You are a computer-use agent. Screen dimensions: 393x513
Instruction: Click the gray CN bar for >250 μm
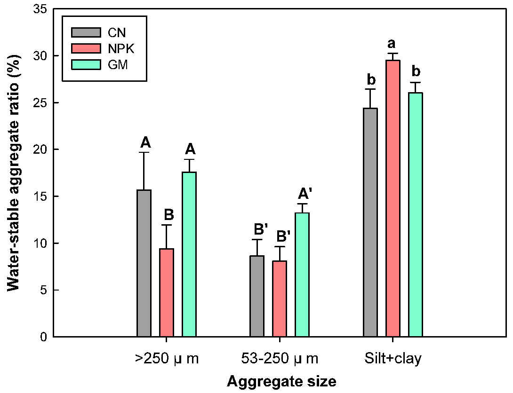[144, 263]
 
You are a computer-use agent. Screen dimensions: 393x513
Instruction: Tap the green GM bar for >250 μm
[189, 254]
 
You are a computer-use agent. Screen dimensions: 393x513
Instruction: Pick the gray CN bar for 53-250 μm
[257, 296]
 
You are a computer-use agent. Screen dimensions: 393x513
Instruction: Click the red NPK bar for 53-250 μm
[280, 299]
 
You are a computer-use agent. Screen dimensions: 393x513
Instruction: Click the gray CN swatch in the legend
[86, 32]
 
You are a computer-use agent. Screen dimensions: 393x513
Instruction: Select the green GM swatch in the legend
[86, 64]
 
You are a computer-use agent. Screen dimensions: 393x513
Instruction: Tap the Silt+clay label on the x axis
[393, 359]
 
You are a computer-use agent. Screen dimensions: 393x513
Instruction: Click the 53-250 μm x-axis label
[280, 359]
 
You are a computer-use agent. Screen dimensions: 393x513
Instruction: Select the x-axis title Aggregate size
[281, 381]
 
